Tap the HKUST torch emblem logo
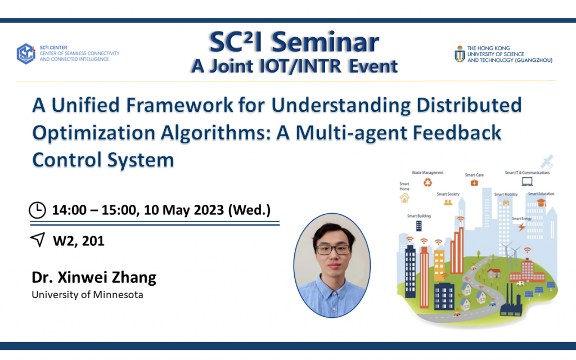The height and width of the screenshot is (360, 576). [x=460, y=53]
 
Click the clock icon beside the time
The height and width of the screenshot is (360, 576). [x=37, y=210]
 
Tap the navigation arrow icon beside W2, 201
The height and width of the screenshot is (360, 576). [x=37, y=240]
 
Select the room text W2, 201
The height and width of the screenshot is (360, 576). [x=79, y=241]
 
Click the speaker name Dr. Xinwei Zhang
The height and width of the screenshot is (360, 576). [x=94, y=277]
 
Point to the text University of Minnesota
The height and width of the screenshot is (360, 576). [x=87, y=294]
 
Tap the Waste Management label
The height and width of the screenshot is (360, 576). [x=427, y=173]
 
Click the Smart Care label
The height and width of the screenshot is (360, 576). [x=474, y=175]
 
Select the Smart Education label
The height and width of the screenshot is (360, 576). [x=541, y=193]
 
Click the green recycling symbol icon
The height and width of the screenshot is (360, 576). [x=428, y=182]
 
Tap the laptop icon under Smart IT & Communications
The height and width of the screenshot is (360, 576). [x=526, y=181]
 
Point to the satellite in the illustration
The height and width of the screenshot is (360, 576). [x=546, y=162]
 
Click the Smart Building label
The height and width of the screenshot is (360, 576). [x=419, y=216]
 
